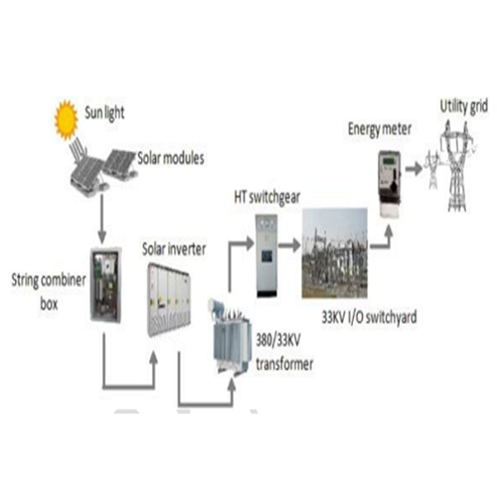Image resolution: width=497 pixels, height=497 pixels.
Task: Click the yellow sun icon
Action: (x=67, y=119)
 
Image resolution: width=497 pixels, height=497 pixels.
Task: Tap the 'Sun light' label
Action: (x=104, y=113)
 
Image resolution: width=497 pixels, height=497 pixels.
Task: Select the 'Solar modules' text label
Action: (x=171, y=158)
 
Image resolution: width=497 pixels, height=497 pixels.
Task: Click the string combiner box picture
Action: (x=106, y=284)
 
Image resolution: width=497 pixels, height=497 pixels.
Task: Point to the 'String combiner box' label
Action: (x=49, y=291)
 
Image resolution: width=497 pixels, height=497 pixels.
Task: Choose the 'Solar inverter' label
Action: (x=174, y=248)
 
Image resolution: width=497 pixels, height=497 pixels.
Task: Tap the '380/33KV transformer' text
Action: (x=284, y=352)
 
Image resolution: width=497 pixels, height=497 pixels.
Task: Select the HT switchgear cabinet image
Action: (x=266, y=255)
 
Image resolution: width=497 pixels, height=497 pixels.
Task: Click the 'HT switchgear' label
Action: (x=267, y=198)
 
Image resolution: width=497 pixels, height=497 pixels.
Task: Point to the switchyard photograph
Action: (x=335, y=253)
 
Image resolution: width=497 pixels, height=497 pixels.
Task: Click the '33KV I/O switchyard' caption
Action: (x=369, y=317)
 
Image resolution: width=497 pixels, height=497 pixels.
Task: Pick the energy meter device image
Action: (x=390, y=184)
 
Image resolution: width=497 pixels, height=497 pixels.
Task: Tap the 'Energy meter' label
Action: (x=380, y=129)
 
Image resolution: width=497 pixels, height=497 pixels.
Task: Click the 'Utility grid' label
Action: (x=464, y=106)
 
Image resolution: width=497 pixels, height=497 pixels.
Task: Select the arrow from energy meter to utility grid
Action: (x=414, y=169)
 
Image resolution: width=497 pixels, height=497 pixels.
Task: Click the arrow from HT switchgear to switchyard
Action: (x=289, y=246)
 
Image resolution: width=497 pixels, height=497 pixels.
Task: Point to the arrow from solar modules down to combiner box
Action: (x=102, y=219)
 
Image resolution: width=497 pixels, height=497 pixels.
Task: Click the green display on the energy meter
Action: (x=388, y=162)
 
